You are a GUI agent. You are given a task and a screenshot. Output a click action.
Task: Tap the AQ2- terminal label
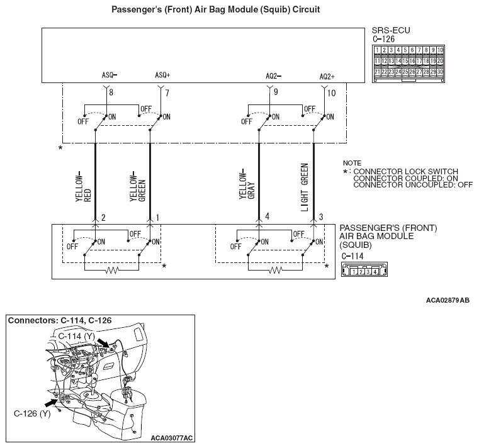pos(273,76)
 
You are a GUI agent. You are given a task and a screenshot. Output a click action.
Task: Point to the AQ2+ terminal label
pos(327,76)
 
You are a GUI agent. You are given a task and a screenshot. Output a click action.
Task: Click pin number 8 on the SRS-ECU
pos(111,92)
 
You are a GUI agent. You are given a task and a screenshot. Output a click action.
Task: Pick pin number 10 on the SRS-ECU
pos(332,92)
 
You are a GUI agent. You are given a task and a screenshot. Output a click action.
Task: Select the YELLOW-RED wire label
pos(83,186)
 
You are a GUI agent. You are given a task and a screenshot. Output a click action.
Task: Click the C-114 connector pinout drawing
pos(362,271)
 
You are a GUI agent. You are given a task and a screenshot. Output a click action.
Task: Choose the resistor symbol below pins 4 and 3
pos(275,270)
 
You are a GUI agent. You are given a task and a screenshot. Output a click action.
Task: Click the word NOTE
pos(352,163)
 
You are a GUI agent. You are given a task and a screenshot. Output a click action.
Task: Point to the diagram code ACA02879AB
pos(448,301)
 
